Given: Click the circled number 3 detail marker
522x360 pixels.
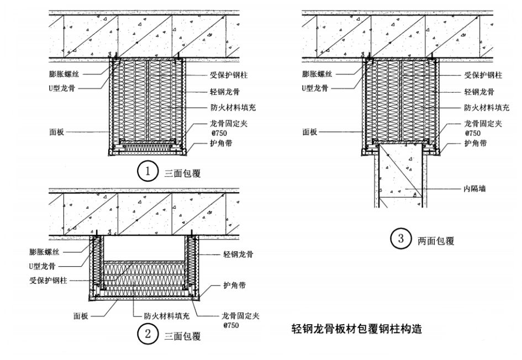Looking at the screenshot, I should (x=399, y=240).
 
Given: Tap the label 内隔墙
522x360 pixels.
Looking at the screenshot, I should (x=473, y=188).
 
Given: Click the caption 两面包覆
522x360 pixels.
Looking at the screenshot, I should (x=436, y=241).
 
